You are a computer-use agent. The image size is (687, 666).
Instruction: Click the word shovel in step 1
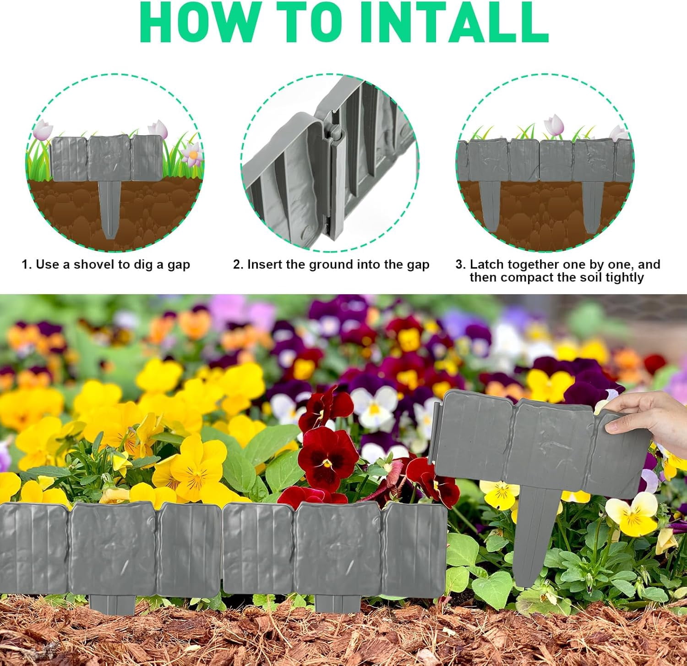tap(95, 264)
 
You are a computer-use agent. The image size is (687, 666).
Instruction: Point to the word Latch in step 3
tap(486, 264)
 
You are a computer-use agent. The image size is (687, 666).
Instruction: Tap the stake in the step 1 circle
tap(110, 209)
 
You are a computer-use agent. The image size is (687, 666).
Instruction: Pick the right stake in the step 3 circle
tap(593, 206)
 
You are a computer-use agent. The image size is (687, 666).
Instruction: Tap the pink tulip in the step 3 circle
tap(554, 124)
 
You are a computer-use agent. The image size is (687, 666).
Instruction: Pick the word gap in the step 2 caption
tap(418, 265)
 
